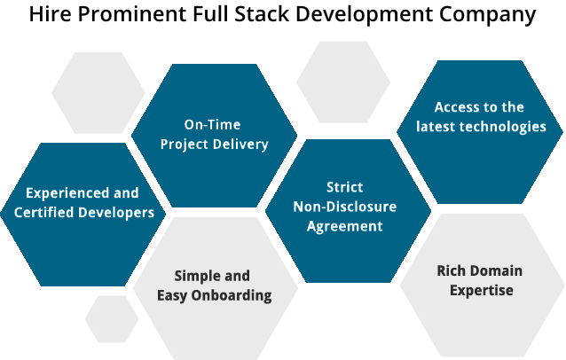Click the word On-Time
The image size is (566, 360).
tap(212, 124)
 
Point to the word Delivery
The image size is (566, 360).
tap(240, 144)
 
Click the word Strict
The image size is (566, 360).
tap(344, 187)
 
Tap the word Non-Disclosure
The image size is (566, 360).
tap(345, 207)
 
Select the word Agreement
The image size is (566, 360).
tap(345, 226)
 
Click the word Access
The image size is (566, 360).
tap(455, 106)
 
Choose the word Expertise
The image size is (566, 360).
tap(481, 290)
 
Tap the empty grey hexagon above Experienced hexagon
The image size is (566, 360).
tap(98, 92)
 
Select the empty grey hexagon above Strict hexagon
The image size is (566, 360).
tap(342, 82)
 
